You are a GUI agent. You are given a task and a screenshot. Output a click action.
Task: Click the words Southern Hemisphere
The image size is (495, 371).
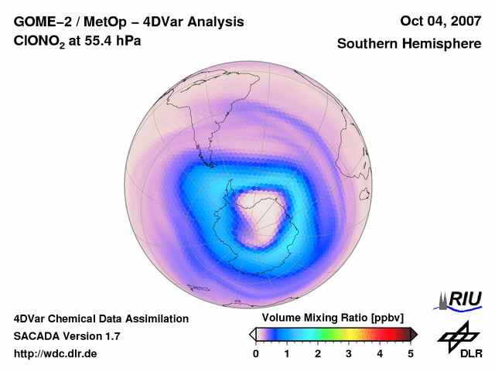click(x=408, y=44)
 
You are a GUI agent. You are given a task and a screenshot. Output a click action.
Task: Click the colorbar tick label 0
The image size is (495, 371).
click(x=256, y=353)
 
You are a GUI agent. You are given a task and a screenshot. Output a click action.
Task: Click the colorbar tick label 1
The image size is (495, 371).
click(x=287, y=353)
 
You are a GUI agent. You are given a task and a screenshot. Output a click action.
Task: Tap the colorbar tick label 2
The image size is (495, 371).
click(x=318, y=353)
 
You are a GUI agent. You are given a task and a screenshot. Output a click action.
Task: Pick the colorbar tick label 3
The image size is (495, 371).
click(x=349, y=353)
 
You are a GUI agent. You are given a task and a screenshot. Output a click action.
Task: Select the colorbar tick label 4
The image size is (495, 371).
click(x=380, y=353)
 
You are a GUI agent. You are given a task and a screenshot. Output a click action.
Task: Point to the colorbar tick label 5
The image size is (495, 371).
click(x=411, y=353)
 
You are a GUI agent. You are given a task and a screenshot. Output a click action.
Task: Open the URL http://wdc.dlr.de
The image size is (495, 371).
click(x=56, y=354)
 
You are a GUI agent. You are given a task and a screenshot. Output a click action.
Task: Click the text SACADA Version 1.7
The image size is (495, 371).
click(x=67, y=336)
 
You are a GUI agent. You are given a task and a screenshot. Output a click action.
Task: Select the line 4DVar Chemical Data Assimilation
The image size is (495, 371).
click(x=101, y=318)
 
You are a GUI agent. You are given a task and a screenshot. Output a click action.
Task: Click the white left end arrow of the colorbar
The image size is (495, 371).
click(x=253, y=334)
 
